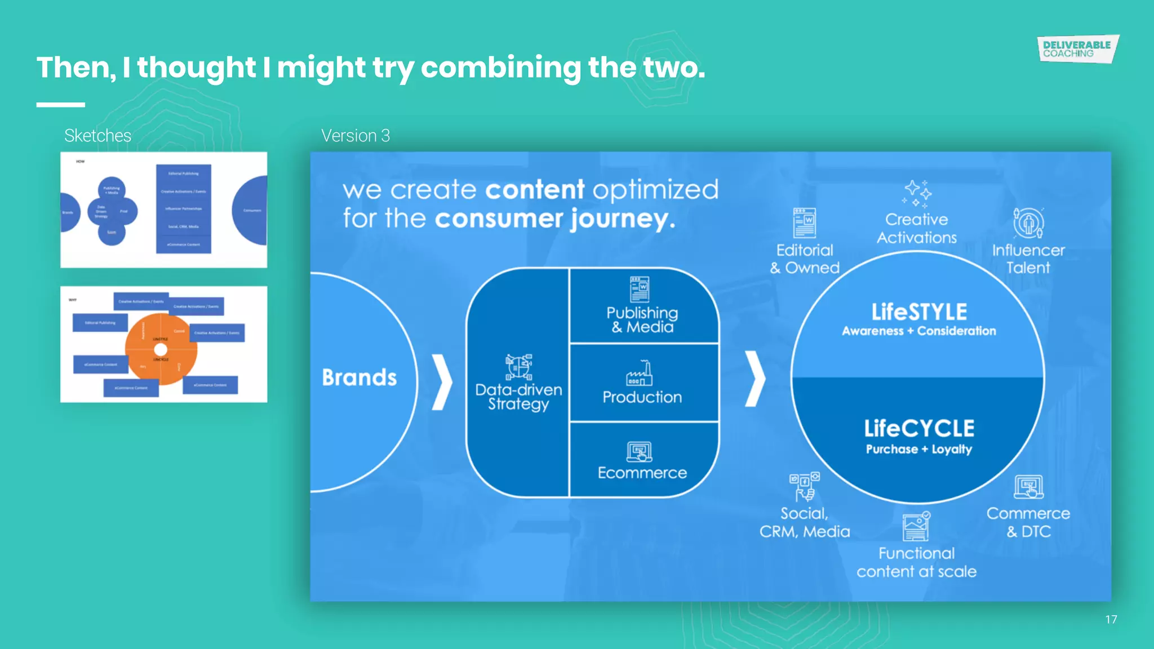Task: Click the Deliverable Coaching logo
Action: pyautogui.click(x=1077, y=49)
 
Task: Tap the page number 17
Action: pyautogui.click(x=1111, y=620)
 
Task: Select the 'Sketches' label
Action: pyautogui.click(x=97, y=136)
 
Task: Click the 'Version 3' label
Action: pyautogui.click(x=355, y=136)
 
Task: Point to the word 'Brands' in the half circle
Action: pyautogui.click(x=359, y=377)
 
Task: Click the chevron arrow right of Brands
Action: pyautogui.click(x=442, y=382)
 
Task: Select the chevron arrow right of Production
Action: pyautogui.click(x=755, y=379)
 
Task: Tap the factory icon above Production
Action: pyautogui.click(x=640, y=374)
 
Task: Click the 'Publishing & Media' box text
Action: pyautogui.click(x=642, y=320)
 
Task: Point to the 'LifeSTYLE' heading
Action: pyautogui.click(x=919, y=312)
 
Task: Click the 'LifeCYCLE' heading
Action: pyautogui.click(x=919, y=429)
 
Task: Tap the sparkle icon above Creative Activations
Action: pyautogui.click(x=917, y=194)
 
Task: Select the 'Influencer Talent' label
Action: pyautogui.click(x=1028, y=259)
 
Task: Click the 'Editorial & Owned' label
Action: pyautogui.click(x=805, y=259)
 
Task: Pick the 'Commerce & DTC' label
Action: pyautogui.click(x=1028, y=522)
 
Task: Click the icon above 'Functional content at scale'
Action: pyautogui.click(x=916, y=527)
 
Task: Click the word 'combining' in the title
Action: pyautogui.click(x=500, y=68)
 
